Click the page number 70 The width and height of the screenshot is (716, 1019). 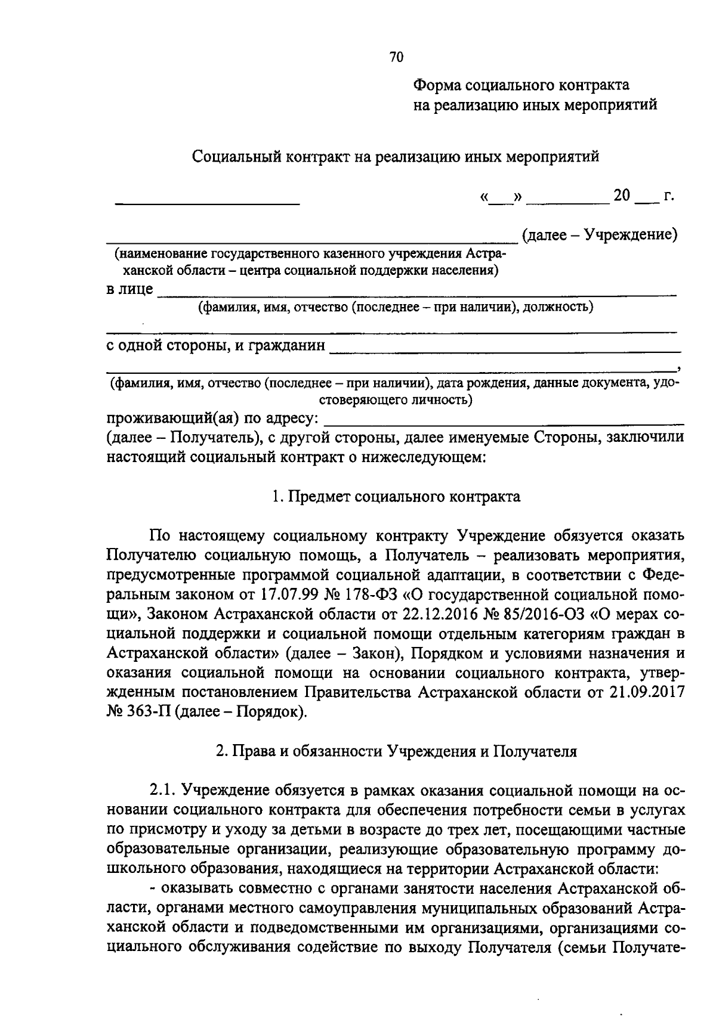point(396,57)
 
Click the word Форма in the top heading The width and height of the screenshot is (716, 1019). point(437,85)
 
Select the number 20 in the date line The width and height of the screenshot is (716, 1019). point(621,196)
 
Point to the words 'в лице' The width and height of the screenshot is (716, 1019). point(129,290)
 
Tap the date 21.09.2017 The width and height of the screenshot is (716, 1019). point(647,692)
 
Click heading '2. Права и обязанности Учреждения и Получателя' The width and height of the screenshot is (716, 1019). point(396,751)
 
